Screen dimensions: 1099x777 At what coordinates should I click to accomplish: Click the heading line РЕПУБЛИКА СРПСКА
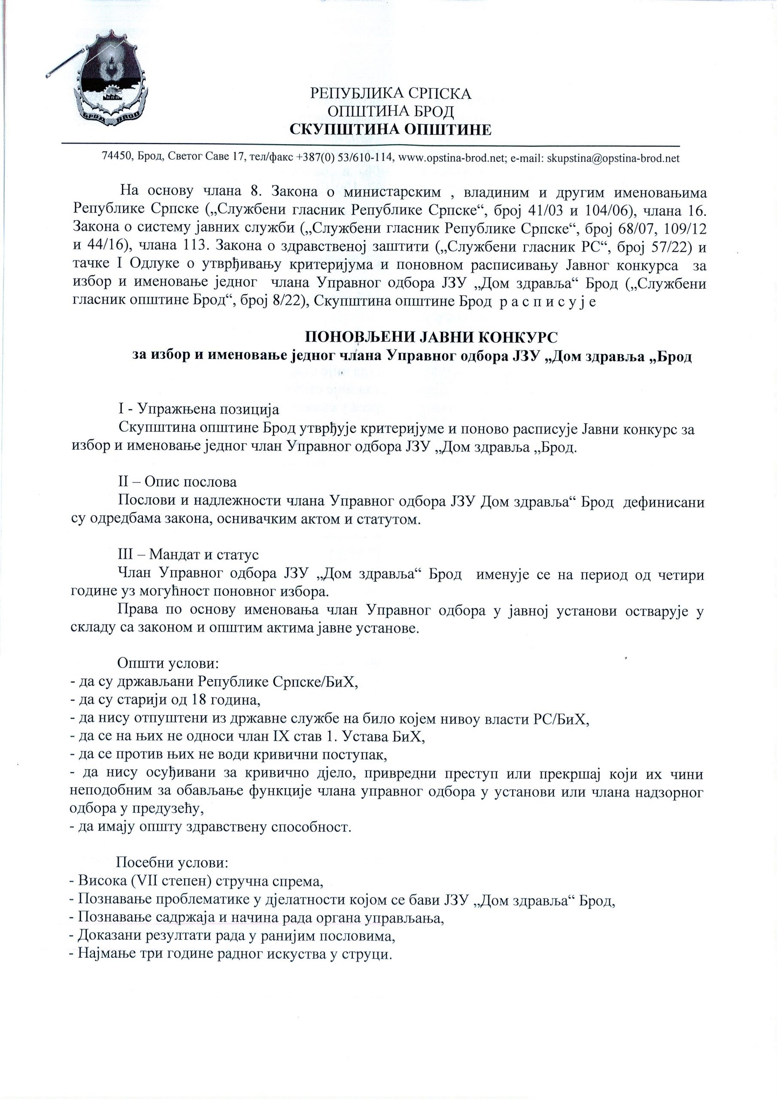tap(391, 93)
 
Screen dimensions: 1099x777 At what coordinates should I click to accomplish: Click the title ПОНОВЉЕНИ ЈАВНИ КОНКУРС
tap(431, 337)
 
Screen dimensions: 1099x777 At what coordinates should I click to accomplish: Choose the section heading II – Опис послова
tap(177, 481)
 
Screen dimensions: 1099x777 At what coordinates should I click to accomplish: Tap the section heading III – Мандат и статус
tap(188, 554)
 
